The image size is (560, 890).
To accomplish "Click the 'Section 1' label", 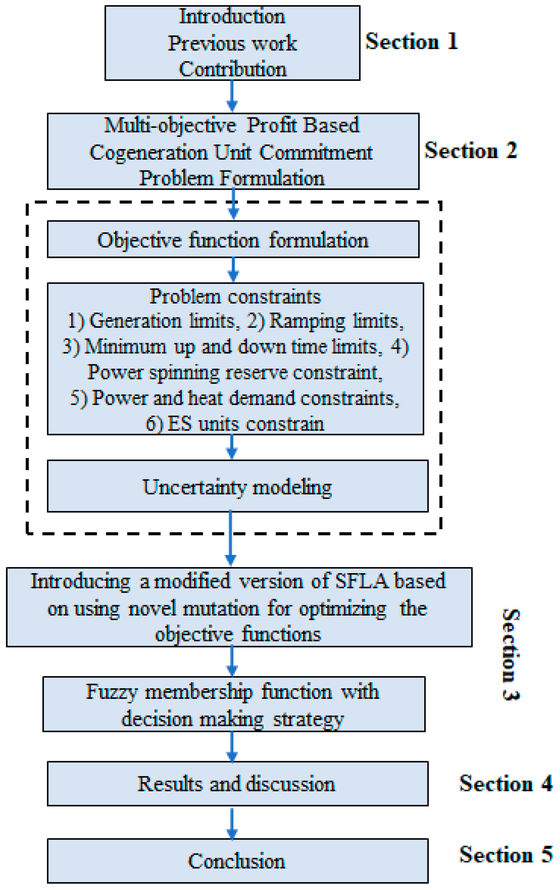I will coord(411,42).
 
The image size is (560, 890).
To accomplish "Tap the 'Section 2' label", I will coord(470,150).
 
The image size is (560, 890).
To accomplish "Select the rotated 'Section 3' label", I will coord(511,654).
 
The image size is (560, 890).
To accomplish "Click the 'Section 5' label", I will coord(505,854).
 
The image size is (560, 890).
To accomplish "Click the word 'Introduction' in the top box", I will coord(232,16).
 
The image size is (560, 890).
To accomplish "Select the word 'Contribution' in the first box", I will coord(232,69).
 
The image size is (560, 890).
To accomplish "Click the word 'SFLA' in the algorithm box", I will coord(361,581).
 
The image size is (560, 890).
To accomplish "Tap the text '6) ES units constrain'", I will coord(235,424).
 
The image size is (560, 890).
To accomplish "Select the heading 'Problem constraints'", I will coord(235,297).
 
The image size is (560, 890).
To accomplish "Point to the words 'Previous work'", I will coord(232,44).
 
